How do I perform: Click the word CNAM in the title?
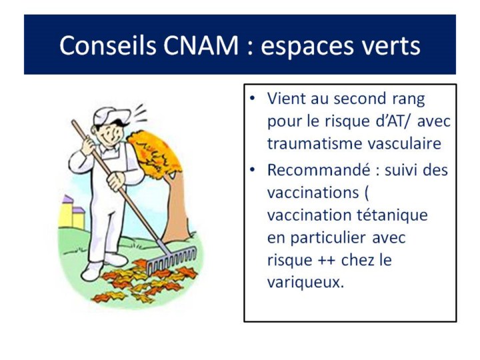click(x=201, y=45)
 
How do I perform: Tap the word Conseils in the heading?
click(x=108, y=45)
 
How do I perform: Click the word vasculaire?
click(x=405, y=143)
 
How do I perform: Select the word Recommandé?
click(x=319, y=170)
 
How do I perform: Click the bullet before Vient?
click(x=252, y=99)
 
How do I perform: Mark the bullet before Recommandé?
click(x=252, y=170)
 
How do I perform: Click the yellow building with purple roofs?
click(x=71, y=212)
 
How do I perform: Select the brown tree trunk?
click(x=175, y=208)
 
